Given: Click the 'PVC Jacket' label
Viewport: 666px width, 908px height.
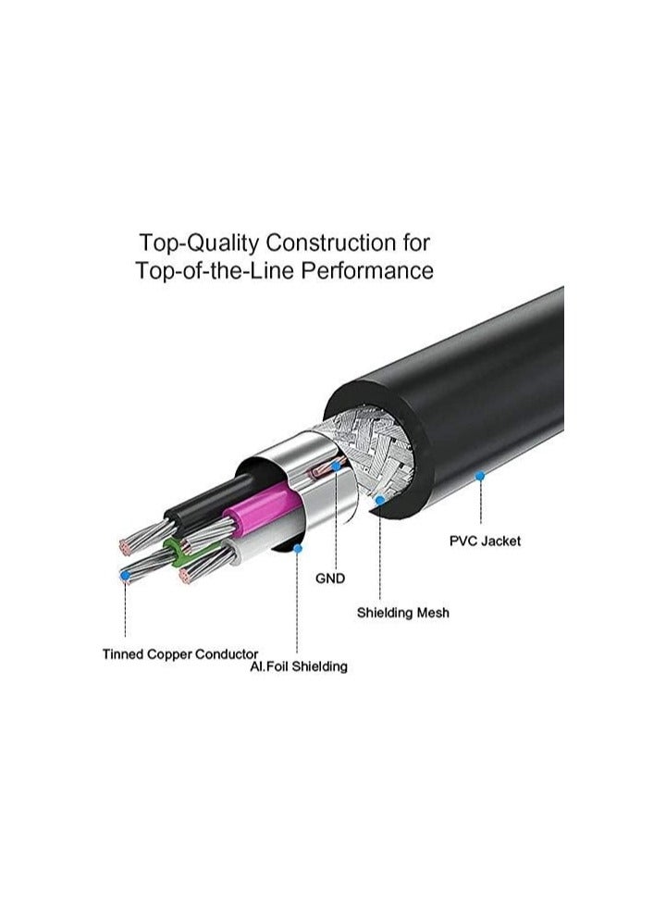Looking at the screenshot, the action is click(485, 541).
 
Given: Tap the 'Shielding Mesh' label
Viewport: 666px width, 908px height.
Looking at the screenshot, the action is click(403, 613).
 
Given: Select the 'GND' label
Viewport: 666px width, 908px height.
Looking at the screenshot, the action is click(330, 578).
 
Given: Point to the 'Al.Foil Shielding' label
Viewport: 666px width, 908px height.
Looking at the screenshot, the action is click(298, 666).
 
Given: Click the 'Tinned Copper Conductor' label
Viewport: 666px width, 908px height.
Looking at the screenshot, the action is click(180, 654).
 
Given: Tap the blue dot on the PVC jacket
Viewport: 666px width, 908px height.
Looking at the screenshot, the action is click(480, 476).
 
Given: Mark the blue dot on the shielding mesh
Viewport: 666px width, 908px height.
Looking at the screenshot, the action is click(381, 501).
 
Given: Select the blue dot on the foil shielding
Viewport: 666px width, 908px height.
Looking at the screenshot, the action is click(298, 548).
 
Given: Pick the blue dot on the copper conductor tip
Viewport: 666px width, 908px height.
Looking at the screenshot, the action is click(125, 575).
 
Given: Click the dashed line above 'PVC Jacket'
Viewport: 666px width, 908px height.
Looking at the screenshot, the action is click(480, 504).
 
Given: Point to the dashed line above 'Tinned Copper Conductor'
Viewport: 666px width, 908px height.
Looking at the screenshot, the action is click(125, 611).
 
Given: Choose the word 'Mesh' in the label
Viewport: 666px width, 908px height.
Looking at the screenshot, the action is click(432, 613).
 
